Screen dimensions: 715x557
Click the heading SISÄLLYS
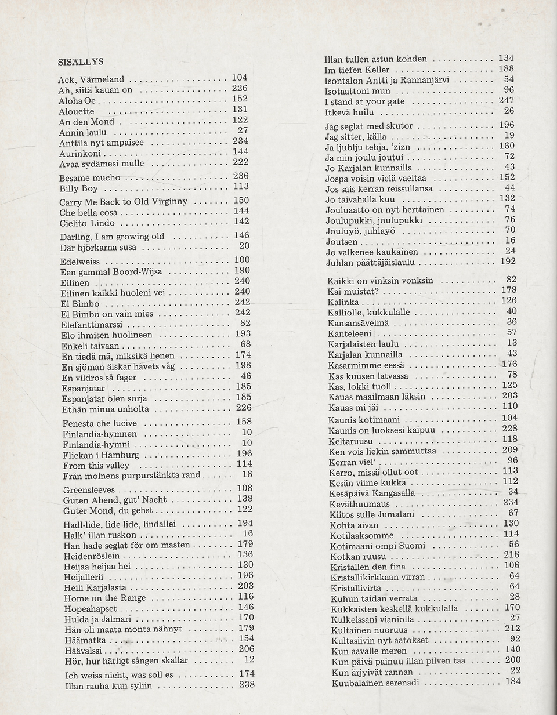tap(81, 61)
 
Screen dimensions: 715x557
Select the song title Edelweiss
tap(80, 262)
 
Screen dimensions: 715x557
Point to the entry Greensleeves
tap(89, 490)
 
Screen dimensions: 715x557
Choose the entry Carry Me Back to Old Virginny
tap(123, 202)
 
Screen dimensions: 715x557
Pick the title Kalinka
tap(344, 302)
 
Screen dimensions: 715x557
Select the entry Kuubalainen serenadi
tap(375, 683)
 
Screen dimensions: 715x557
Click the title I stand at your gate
tap(364, 101)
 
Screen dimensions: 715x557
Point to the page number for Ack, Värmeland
tap(240, 78)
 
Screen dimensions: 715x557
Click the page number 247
tap(507, 100)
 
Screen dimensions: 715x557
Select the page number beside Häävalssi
tap(246, 648)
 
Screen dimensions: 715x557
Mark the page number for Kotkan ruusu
tap(511, 554)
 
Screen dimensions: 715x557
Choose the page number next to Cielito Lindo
tap(241, 222)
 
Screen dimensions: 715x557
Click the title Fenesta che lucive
tap(99, 423)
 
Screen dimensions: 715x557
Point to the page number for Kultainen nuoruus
tap(512, 627)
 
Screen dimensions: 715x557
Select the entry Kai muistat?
tap(353, 291)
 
